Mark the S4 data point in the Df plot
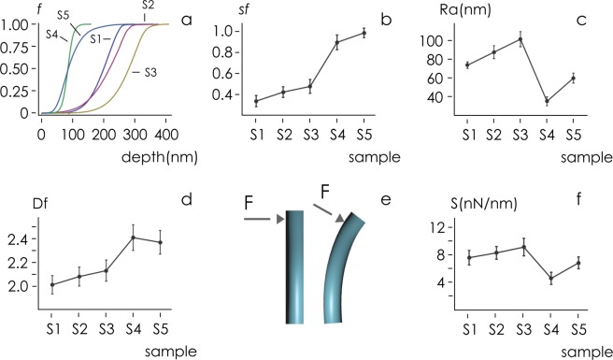133,238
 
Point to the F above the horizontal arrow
247,200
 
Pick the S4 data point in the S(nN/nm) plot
550,279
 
